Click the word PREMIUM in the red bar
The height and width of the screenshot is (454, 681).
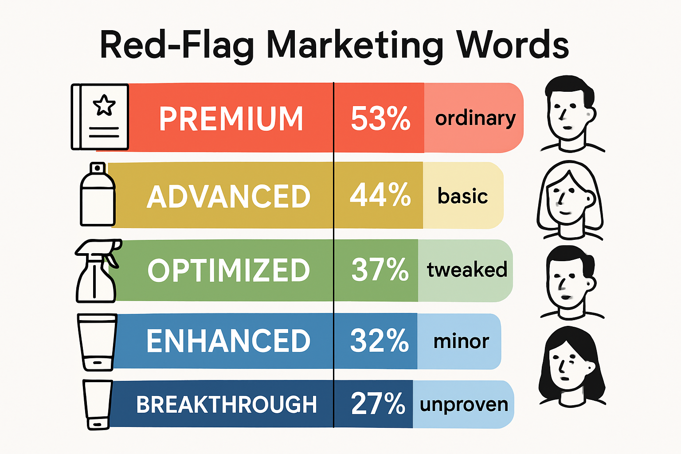coord(231,119)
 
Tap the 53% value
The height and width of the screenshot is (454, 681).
coord(380,119)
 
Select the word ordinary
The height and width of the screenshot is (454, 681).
coord(475,119)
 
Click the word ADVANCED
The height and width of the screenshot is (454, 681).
coord(229,197)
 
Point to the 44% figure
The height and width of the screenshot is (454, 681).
coord(380,196)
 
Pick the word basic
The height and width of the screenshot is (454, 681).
coord(462,196)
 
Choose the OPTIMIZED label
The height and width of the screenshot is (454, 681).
coord(229,270)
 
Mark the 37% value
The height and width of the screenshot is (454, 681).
coord(380,270)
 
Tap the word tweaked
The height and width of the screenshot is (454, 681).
coord(467,270)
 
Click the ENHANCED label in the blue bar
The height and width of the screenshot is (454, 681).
coord(228,341)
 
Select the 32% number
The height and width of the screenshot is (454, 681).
coord(379,340)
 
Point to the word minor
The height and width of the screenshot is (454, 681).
coord(461,341)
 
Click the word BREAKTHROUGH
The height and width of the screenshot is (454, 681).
coord(227,404)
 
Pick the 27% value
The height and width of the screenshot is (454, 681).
coord(378,403)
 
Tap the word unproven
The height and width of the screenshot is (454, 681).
coord(464,404)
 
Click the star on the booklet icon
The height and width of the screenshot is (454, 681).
coord(104,105)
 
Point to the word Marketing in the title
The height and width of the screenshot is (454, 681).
coord(355,46)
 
